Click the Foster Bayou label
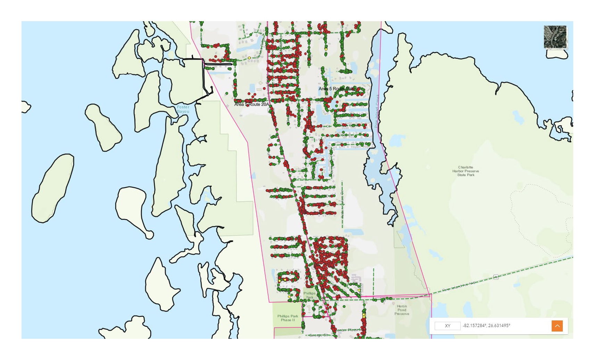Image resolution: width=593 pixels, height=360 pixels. click(183, 109)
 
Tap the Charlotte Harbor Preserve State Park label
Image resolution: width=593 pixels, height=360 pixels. click(466, 171)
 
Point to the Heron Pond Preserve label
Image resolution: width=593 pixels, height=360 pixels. click(402, 310)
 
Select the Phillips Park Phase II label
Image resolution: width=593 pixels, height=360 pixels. click(287, 318)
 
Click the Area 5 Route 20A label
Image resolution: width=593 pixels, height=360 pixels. click(251, 104)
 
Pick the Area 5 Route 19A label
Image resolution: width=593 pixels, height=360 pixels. click(336, 89)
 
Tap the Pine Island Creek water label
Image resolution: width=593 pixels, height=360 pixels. click(377, 111)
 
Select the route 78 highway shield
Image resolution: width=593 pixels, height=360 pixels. click(496, 277)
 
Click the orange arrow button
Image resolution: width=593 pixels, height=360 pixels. click(557, 326)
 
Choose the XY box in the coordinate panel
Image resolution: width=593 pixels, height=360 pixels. click(448, 326)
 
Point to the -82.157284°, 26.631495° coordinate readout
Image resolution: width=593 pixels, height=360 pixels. click(486, 326)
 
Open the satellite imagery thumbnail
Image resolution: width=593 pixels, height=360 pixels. click(555, 37)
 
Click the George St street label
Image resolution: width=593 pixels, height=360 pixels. click(318, 335)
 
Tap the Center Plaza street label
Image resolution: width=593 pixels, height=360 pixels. click(347, 330)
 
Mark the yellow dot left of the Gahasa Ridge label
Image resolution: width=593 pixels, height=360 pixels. click(249, 58)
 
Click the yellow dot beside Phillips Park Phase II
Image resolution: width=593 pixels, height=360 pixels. click(289, 296)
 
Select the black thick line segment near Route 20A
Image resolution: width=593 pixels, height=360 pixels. click(218, 64)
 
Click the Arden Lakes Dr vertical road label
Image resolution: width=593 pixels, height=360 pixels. click(342, 205)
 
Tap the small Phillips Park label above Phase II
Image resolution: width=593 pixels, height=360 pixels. click(309, 295)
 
